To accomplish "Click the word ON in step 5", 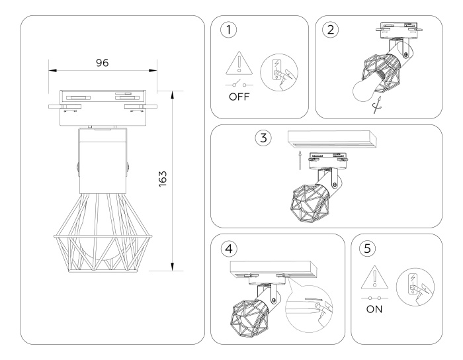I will coord(374,308).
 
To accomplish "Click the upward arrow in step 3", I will coord(299,159).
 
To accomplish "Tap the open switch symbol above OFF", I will coord(239,85).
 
